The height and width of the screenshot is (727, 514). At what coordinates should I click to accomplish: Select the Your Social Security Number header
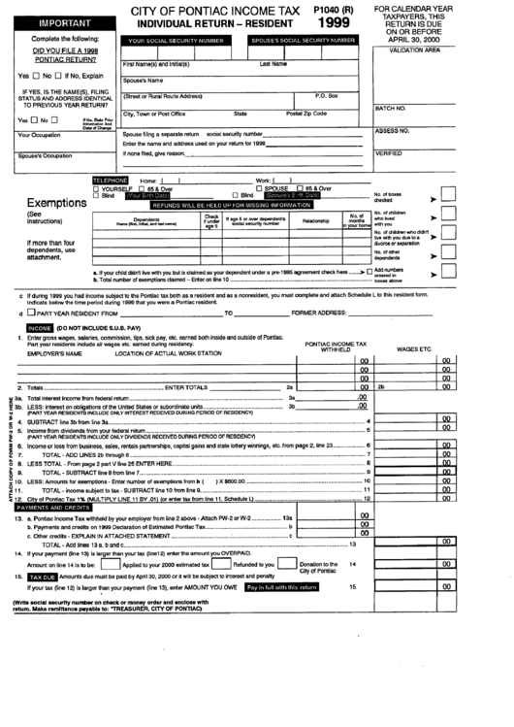tap(179, 42)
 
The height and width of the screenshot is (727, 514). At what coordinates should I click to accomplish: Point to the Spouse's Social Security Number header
tap(300, 42)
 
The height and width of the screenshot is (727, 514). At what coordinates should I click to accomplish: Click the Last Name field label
tap(273, 63)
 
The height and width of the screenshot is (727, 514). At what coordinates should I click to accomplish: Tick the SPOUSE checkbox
tap(259, 188)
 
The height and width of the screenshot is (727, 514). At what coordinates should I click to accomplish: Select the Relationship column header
tap(315, 220)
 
